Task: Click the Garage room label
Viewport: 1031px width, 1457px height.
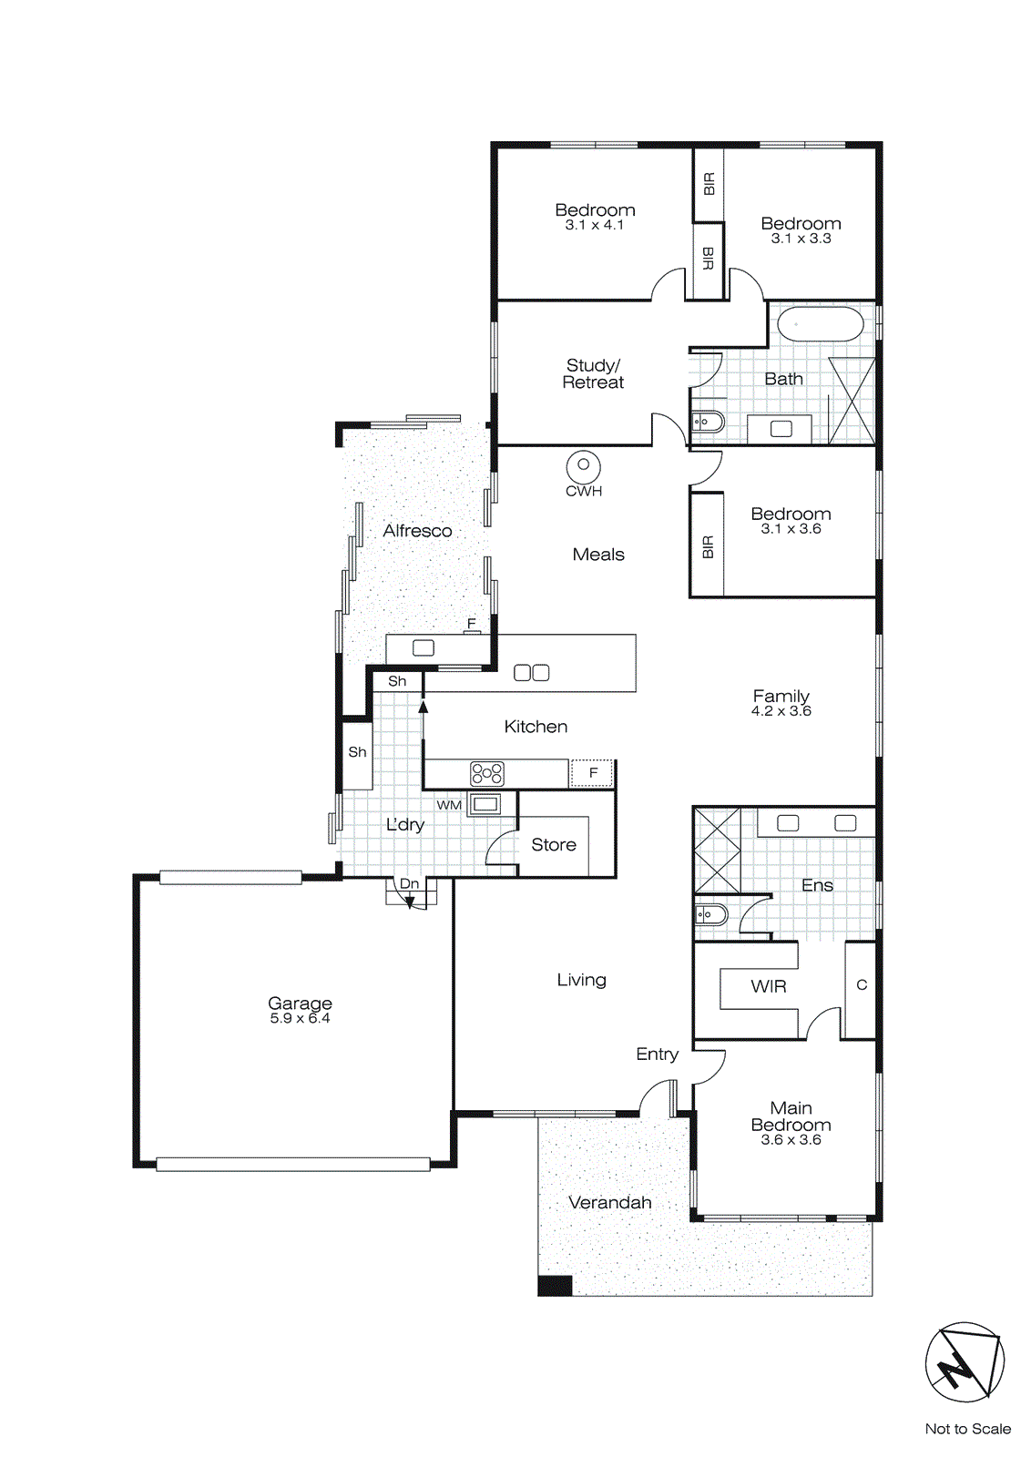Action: click(x=300, y=1004)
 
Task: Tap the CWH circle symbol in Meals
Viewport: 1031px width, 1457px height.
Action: click(x=583, y=466)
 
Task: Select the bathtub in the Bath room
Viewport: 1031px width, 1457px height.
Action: click(x=820, y=324)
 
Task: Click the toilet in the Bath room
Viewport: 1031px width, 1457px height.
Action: click(x=708, y=422)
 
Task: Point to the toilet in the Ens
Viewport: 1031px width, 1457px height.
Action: click(x=710, y=914)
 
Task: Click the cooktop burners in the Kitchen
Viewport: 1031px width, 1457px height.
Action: click(x=487, y=774)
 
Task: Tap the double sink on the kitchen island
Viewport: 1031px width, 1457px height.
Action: click(x=532, y=673)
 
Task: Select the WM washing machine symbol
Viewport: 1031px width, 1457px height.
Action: click(x=485, y=804)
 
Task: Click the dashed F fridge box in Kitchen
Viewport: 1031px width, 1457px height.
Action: click(x=593, y=773)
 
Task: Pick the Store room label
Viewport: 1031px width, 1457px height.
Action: click(x=554, y=845)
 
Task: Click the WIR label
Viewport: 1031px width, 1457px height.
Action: click(x=769, y=986)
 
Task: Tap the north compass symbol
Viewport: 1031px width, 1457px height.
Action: click(x=965, y=1362)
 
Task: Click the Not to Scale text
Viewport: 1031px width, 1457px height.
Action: click(x=967, y=1429)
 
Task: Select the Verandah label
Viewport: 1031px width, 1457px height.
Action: click(x=610, y=1203)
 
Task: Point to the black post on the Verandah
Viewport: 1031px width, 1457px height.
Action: click(x=555, y=1286)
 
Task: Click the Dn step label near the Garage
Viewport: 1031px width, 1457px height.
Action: click(x=410, y=884)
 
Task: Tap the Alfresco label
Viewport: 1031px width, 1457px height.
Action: click(x=417, y=531)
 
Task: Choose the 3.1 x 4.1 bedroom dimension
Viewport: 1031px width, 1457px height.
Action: click(x=595, y=225)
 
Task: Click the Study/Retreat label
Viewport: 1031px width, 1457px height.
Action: click(x=593, y=374)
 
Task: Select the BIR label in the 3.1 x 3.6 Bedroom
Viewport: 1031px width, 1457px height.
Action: click(x=708, y=547)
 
